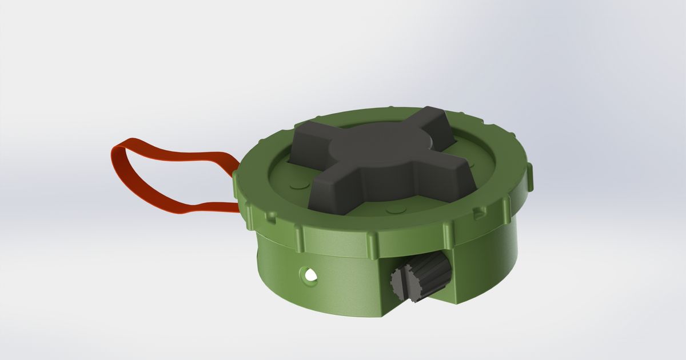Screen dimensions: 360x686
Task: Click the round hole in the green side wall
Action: click(310, 276)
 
